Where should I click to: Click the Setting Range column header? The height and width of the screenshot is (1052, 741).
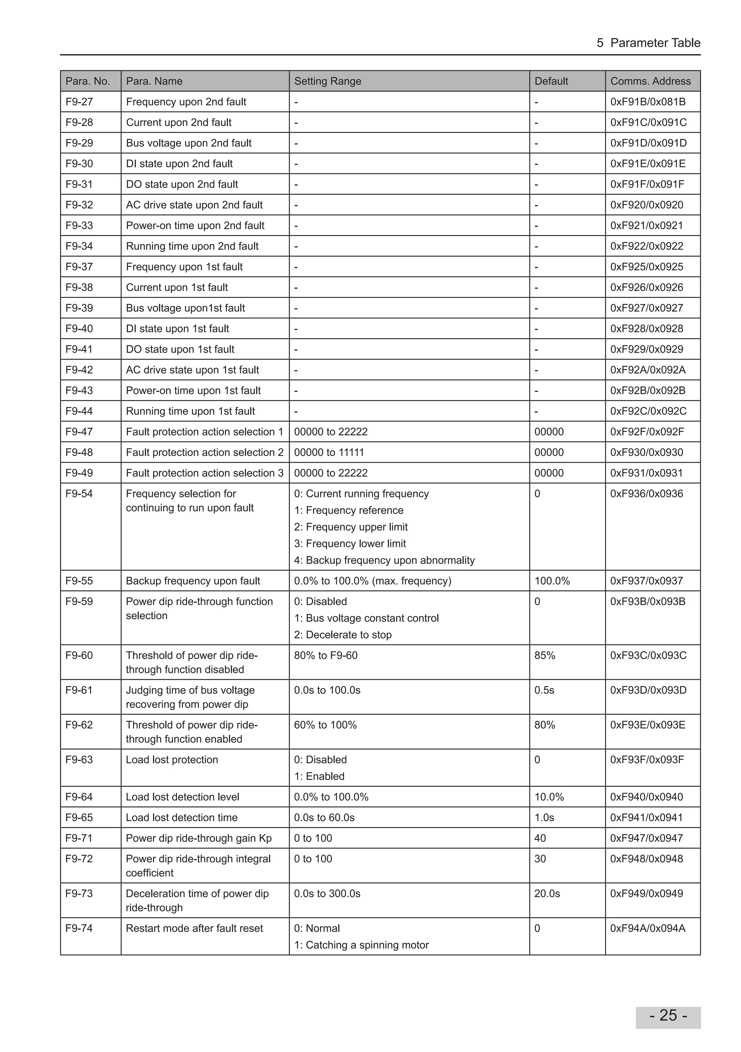point(327,81)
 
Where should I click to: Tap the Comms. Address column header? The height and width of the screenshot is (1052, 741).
point(650,81)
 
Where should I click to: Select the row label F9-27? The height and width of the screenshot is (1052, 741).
point(79,102)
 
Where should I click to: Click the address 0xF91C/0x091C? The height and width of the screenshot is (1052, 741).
point(648,122)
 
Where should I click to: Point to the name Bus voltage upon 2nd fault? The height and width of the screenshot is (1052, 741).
point(189,143)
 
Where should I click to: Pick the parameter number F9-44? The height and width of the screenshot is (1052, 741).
point(79,411)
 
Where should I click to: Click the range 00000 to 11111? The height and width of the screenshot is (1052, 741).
point(329,452)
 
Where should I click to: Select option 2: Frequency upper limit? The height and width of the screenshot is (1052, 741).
point(351,527)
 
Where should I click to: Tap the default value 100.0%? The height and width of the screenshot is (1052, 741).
point(552,581)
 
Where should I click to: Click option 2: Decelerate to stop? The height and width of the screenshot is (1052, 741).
point(343,635)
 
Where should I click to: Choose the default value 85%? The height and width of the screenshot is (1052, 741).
point(545,655)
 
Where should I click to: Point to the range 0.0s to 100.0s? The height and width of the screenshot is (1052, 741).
point(327,690)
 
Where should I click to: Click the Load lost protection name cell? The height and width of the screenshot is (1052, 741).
point(172,759)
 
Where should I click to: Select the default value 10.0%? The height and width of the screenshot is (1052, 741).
point(549,797)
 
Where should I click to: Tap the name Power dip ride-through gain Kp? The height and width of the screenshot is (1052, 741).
point(199,838)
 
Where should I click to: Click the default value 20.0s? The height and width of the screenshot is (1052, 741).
point(547,893)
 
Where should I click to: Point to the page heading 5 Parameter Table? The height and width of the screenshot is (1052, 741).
point(648,43)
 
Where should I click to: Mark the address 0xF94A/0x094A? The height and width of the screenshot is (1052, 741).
point(648,928)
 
